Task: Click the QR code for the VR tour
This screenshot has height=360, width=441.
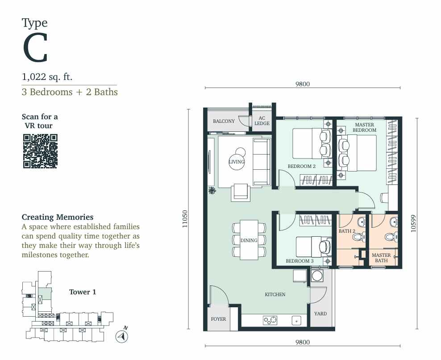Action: [40, 151]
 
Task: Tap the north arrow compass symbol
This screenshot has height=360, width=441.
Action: [122, 336]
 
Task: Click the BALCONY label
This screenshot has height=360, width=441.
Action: [224, 121]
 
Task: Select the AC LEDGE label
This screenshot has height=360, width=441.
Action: [262, 121]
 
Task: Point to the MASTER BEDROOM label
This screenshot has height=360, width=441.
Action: [365, 127]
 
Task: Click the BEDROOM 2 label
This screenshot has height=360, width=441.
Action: [301, 166]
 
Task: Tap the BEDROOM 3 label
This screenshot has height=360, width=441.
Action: [300, 261]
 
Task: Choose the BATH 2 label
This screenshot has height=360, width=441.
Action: [347, 231]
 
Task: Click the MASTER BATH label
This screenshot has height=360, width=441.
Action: [381, 258]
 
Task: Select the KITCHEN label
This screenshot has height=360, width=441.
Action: [275, 294]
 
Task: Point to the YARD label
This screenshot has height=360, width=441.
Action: [320, 314]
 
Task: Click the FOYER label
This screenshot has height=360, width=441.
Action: [218, 319]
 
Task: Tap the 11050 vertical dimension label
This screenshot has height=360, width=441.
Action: [184, 219]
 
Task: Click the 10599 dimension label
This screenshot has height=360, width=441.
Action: [413, 223]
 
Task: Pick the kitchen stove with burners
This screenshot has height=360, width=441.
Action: [270, 320]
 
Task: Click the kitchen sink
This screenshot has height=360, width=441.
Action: [296, 320]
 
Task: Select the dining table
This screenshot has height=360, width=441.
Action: [249, 240]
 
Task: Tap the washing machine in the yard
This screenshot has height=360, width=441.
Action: [317, 276]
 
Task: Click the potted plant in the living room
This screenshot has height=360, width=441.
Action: [212, 191]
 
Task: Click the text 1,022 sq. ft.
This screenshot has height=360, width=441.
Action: [47, 77]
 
